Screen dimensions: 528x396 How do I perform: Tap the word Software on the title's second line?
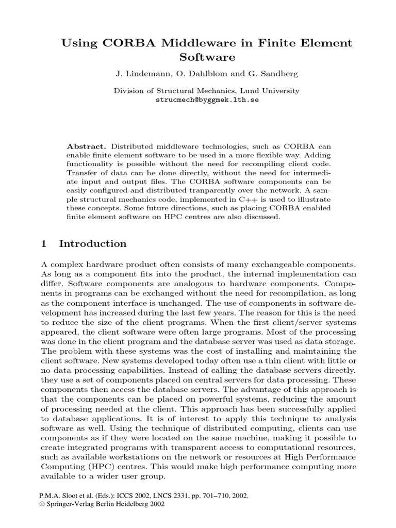pyautogui.click(x=207, y=57)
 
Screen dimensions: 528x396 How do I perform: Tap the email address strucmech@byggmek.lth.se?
pyautogui.click(x=207, y=100)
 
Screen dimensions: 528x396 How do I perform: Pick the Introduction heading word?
pyautogui.click(x=93, y=243)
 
